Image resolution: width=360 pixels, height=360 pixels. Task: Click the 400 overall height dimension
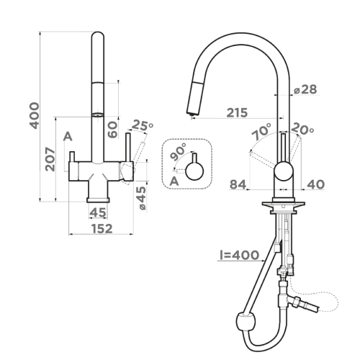tap(34, 116)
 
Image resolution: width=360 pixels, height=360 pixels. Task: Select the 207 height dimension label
tap(50, 159)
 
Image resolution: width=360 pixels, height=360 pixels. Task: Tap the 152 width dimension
tap(102, 229)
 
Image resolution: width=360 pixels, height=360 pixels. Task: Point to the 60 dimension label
tap(112, 130)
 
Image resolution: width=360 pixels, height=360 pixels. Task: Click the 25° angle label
tap(143, 125)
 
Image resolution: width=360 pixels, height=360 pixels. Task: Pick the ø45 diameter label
tap(143, 198)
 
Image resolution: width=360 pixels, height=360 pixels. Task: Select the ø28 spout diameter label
tap(305, 89)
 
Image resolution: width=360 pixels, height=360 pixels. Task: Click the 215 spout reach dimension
tap(237, 112)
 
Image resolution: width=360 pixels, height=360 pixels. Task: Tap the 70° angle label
tap(261, 131)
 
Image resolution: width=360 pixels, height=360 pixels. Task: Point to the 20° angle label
tap(302, 129)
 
